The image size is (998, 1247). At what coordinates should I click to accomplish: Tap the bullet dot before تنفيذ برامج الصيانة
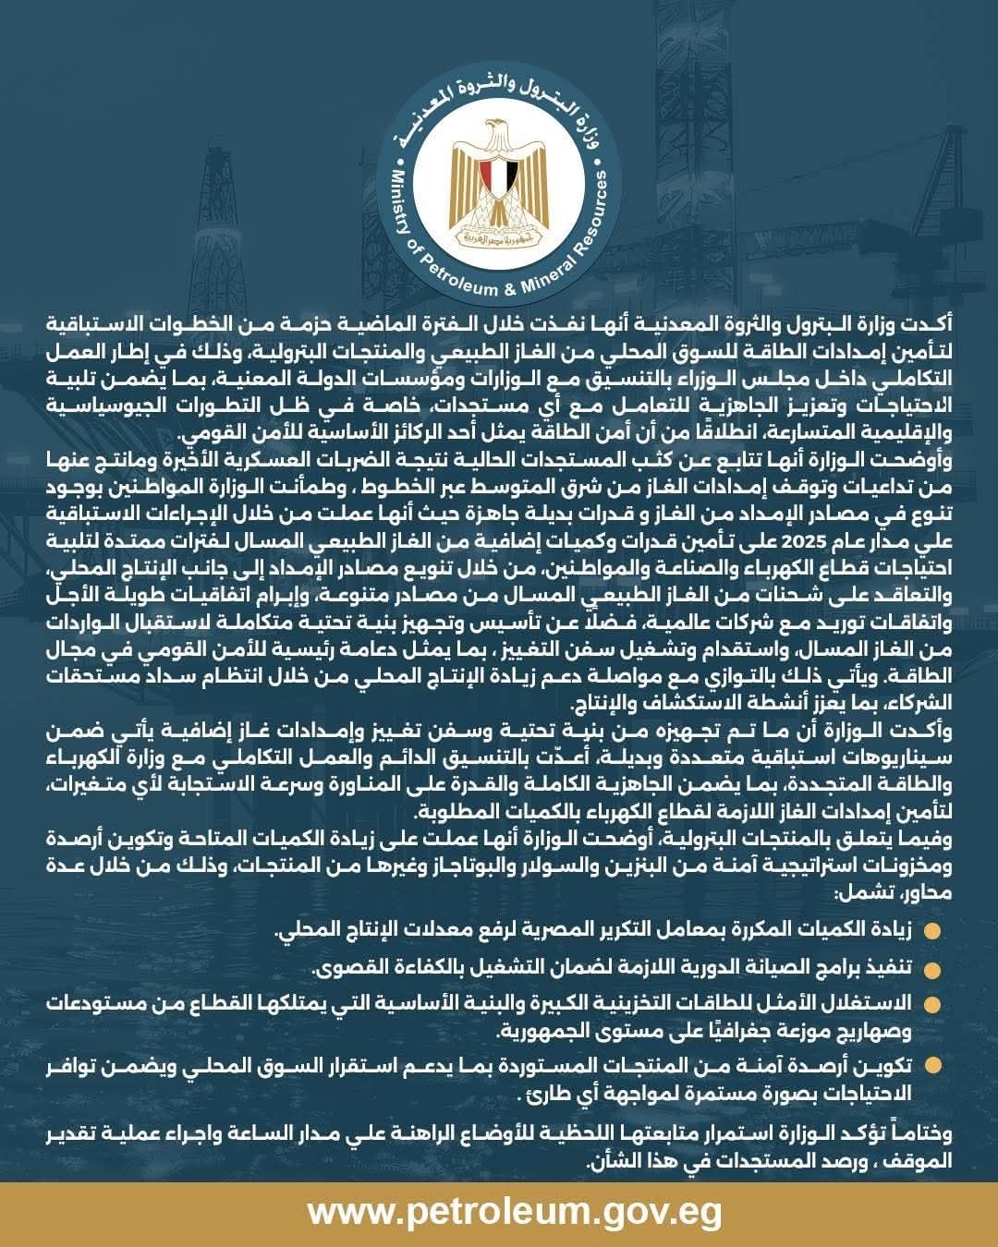[932, 970]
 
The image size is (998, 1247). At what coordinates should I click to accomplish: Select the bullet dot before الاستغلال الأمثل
[932, 1004]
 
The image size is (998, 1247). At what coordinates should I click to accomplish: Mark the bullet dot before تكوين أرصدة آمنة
[932, 1066]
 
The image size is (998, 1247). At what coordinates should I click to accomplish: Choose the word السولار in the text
[535, 869]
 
